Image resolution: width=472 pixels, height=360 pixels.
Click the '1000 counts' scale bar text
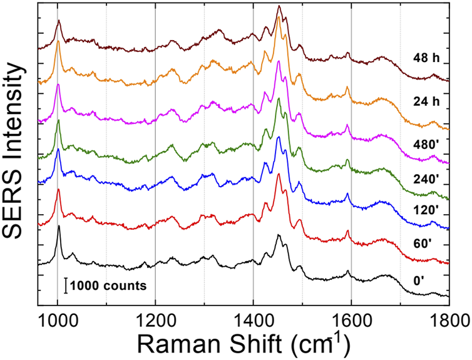coord(108,285)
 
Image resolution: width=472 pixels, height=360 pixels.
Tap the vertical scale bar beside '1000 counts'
coord(65,285)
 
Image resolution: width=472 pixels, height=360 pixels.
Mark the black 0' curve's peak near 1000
coord(59,227)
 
